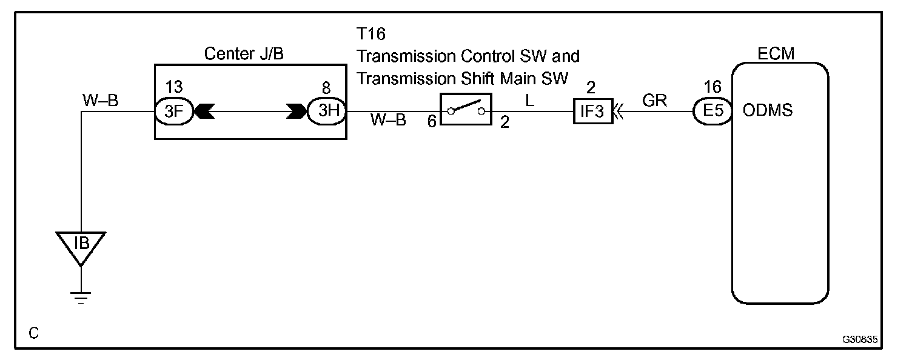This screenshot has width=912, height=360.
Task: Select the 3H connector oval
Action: pyautogui.click(x=326, y=112)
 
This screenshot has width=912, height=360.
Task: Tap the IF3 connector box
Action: pyautogui.click(x=592, y=112)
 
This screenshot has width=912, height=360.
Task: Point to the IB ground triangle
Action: pyautogui.click(x=81, y=246)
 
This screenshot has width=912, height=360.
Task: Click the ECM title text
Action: pyautogui.click(x=776, y=55)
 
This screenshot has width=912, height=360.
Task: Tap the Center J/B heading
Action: pyautogui.click(x=244, y=55)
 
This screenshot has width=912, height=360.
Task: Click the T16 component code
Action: pyautogui.click(x=372, y=34)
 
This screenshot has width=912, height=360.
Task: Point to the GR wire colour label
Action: pyautogui.click(x=654, y=101)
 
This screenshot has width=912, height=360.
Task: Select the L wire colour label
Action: pyautogui.click(x=529, y=101)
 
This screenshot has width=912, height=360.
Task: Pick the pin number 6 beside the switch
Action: pyautogui.click(x=432, y=122)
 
